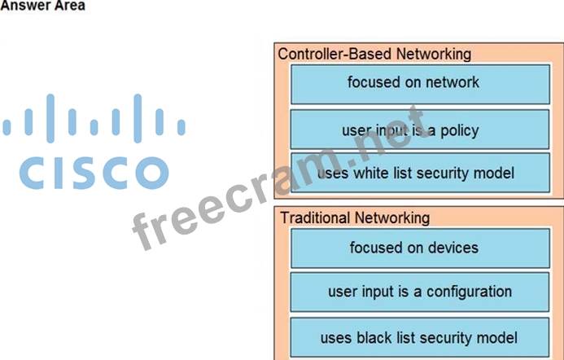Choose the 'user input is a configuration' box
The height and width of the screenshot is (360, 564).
click(x=419, y=292)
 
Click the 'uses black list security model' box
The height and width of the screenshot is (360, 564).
click(x=419, y=337)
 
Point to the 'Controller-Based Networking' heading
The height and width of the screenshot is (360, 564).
click(x=374, y=54)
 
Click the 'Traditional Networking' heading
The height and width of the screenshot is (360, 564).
click(x=355, y=217)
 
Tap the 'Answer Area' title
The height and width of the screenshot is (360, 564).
click(x=42, y=6)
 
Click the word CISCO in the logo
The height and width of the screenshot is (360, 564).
click(x=94, y=172)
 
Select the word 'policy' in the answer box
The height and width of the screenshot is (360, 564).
click(x=459, y=131)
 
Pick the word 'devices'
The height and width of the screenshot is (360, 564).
click(x=452, y=248)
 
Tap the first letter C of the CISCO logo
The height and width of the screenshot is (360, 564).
click(x=33, y=172)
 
